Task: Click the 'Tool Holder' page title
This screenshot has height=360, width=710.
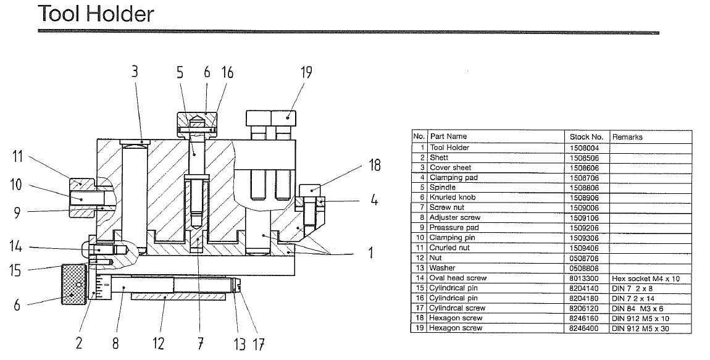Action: coord(95,13)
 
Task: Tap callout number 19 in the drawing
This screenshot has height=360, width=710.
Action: coord(307,72)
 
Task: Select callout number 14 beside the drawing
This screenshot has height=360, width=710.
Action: coord(17,248)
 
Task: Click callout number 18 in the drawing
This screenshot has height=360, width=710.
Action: coord(375,165)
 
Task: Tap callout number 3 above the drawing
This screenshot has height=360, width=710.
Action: coord(135,72)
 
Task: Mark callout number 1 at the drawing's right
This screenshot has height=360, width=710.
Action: coord(370,253)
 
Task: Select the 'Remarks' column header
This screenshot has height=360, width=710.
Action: coord(627,137)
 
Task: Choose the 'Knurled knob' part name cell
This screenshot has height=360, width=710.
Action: coord(452,198)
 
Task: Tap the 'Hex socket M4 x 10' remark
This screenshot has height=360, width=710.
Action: coord(645,278)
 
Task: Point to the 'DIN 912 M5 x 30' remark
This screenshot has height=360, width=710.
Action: coord(641,329)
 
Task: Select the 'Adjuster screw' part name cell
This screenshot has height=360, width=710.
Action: coord(454,218)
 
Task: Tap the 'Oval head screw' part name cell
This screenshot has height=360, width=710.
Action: coord(457,278)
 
